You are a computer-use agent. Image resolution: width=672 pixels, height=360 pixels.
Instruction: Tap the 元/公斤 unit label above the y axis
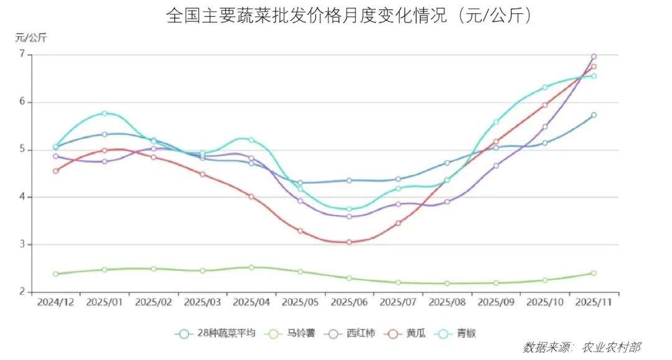tap(31, 37)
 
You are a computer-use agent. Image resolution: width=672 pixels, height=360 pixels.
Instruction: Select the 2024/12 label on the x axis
tap(55, 302)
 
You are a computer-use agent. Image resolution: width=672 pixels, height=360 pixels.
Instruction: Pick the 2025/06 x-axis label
tap(349, 302)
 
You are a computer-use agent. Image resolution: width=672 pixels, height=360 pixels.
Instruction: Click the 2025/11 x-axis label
tap(594, 302)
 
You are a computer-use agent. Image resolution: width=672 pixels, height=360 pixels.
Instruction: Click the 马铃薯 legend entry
tap(292, 334)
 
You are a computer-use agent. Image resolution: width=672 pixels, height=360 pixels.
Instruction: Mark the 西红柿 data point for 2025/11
tap(594, 57)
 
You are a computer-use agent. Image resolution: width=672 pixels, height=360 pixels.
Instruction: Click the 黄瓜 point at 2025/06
tap(349, 242)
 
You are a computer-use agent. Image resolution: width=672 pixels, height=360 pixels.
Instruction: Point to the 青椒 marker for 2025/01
tap(105, 113)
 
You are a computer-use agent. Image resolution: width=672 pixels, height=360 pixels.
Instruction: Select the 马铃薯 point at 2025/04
tap(251, 267)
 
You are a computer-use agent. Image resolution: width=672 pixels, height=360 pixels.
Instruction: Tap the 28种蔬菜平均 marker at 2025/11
tap(594, 115)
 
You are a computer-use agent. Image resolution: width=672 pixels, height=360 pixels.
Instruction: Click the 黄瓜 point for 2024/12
tap(55, 171)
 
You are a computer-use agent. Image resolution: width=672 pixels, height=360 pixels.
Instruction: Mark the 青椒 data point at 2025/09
tap(496, 122)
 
